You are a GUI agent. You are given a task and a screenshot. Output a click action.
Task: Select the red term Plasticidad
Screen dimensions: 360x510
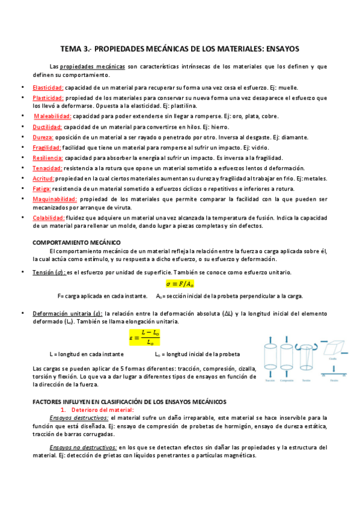(48, 97)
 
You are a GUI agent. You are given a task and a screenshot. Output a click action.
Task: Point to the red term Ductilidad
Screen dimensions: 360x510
(47, 127)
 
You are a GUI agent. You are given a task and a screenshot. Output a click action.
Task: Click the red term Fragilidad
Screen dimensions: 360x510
(46, 147)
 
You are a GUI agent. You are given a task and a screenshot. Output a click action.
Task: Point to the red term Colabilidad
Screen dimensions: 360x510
(49, 218)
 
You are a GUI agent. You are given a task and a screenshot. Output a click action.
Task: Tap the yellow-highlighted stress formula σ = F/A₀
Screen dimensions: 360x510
(180, 283)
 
